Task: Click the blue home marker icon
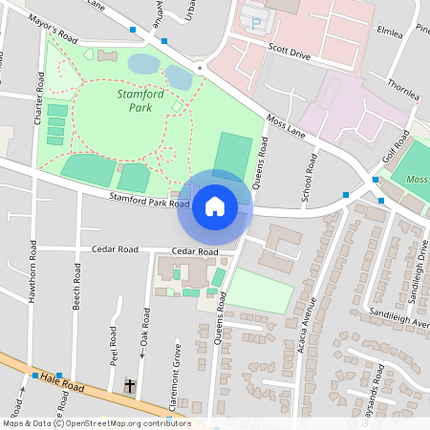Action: point(215,205)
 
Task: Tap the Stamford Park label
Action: point(140,101)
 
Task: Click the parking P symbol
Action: point(255,20)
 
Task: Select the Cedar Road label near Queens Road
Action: point(194,252)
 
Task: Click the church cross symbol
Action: point(130,387)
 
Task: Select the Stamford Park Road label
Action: point(151,201)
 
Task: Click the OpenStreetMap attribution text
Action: point(96,423)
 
